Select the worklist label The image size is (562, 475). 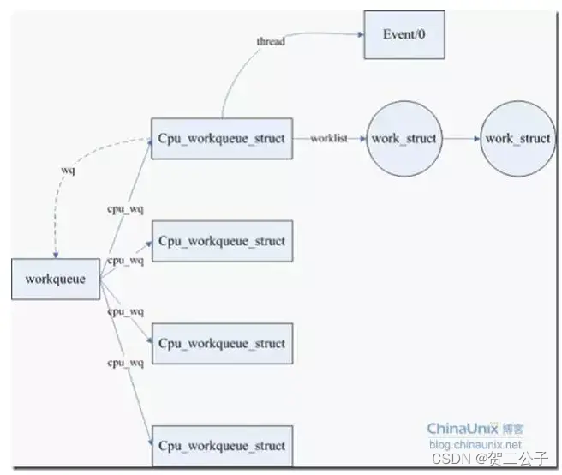pyautogui.click(x=329, y=138)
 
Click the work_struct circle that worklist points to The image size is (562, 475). pyautogui.click(x=403, y=138)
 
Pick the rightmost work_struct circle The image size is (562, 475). pyautogui.click(x=517, y=138)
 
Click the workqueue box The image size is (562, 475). pyautogui.click(x=56, y=278)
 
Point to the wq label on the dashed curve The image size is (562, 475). pyautogui.click(x=67, y=171)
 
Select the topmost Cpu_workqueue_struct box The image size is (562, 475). pyautogui.click(x=222, y=138)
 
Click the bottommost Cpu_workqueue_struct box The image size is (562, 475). pyautogui.click(x=222, y=446)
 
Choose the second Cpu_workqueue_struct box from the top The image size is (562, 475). pyautogui.click(x=222, y=241)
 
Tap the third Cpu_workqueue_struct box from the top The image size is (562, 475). pyautogui.click(x=222, y=344)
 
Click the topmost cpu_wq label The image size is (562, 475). pyautogui.click(x=125, y=208)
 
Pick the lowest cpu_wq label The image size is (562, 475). pyautogui.click(x=125, y=363)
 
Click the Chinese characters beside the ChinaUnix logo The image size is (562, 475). pyautogui.click(x=514, y=429)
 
